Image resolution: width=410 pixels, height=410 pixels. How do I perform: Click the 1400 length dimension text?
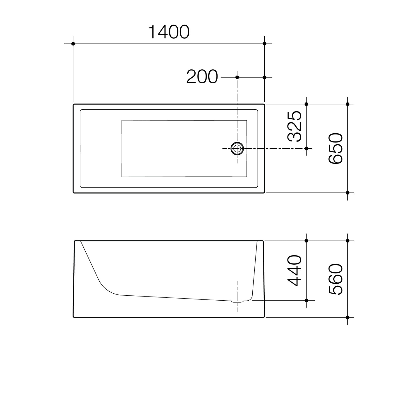[x=169, y=32]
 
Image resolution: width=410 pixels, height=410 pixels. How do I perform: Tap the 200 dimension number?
[x=202, y=77]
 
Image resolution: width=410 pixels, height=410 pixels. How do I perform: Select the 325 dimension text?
[x=294, y=126]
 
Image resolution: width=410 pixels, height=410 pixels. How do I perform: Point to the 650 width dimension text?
[x=335, y=148]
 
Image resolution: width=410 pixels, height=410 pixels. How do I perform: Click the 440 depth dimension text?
[x=294, y=271]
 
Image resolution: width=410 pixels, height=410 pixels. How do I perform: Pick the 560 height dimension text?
[x=335, y=279]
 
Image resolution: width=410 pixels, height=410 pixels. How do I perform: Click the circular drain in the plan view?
[x=237, y=148]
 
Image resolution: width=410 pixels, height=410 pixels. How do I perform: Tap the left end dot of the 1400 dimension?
[x=73, y=44]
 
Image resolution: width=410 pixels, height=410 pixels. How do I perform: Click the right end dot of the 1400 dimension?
[x=264, y=44]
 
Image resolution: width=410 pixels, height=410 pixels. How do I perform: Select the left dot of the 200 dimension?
[x=237, y=77]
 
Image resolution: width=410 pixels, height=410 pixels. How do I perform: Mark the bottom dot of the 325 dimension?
[x=306, y=148]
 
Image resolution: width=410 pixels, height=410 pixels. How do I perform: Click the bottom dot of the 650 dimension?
[x=347, y=193]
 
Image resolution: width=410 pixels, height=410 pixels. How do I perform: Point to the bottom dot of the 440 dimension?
[x=306, y=300]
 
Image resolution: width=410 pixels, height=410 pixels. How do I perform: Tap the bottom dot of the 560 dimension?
[x=347, y=317]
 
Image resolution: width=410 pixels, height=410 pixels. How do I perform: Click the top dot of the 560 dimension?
[x=347, y=241]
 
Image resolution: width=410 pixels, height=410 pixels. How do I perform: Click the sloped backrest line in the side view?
[x=90, y=261]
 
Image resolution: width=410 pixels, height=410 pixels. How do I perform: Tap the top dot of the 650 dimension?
[x=347, y=104]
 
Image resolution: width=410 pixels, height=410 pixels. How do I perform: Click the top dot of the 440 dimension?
[x=306, y=241]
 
